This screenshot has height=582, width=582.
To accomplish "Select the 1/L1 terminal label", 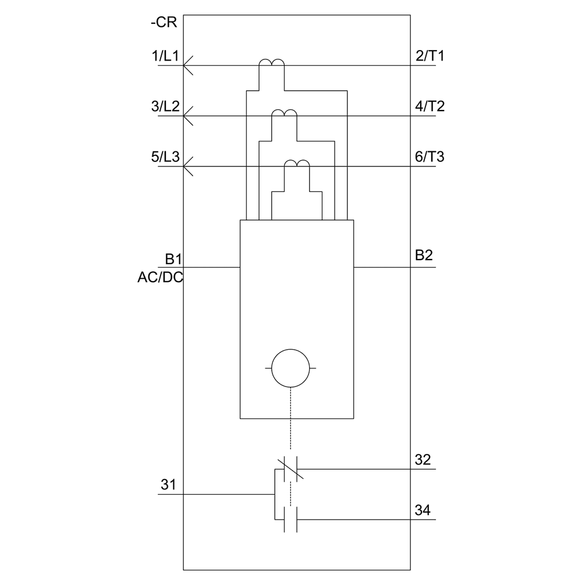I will tap(164, 56).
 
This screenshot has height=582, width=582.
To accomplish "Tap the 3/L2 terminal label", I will tap(164, 107).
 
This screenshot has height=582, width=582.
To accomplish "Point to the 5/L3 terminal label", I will tap(164, 158).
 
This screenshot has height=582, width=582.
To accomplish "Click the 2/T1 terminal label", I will tap(430, 56).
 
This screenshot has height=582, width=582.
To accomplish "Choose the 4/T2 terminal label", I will tap(430, 107).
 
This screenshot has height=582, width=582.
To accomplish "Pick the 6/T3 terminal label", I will tap(430, 158).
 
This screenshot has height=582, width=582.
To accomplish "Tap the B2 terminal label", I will tap(424, 255).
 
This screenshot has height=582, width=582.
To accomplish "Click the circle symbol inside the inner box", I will tap(290, 368).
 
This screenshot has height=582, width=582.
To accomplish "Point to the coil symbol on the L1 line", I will tap(272, 63).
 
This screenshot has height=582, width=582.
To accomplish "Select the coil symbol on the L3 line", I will tap(297, 164).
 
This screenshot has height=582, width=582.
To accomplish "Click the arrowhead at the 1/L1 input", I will tap(187, 65).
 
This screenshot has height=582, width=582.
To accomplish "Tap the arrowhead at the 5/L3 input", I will tap(187, 166).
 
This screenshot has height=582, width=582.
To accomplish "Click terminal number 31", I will tap(168, 484).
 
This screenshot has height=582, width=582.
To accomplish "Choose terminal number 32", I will tap(423, 460).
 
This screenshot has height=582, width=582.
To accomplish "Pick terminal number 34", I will tap(423, 510).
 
